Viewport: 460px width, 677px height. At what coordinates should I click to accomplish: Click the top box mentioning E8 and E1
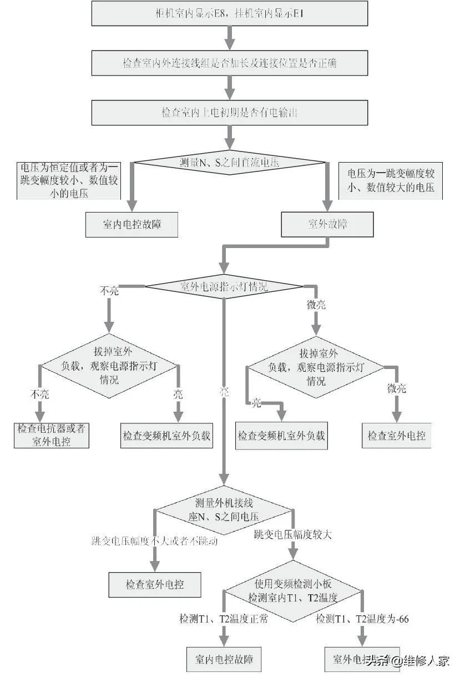[229, 13]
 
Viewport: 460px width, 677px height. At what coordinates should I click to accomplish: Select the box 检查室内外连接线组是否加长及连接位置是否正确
[229, 63]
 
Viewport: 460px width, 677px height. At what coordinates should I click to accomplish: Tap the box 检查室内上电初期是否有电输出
[229, 112]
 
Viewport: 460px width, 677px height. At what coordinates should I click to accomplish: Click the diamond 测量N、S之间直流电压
[229, 163]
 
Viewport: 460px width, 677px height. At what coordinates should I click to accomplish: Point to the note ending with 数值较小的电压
[69, 180]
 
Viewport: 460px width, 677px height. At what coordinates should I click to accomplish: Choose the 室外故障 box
[327, 224]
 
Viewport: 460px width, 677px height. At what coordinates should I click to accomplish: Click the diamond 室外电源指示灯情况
[224, 286]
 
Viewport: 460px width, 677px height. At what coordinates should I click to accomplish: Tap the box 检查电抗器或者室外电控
[51, 435]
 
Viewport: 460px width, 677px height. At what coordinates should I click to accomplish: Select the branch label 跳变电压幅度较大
[293, 535]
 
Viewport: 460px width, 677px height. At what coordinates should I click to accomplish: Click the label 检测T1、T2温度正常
[223, 619]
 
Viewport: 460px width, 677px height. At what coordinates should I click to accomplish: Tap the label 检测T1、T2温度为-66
[362, 619]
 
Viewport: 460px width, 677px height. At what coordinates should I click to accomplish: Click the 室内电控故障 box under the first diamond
[132, 225]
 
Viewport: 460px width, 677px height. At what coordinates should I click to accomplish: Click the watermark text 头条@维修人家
[411, 661]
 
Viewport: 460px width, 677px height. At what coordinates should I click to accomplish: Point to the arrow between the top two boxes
[229, 37]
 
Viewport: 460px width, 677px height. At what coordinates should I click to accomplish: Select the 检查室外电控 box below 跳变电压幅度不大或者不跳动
[154, 584]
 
